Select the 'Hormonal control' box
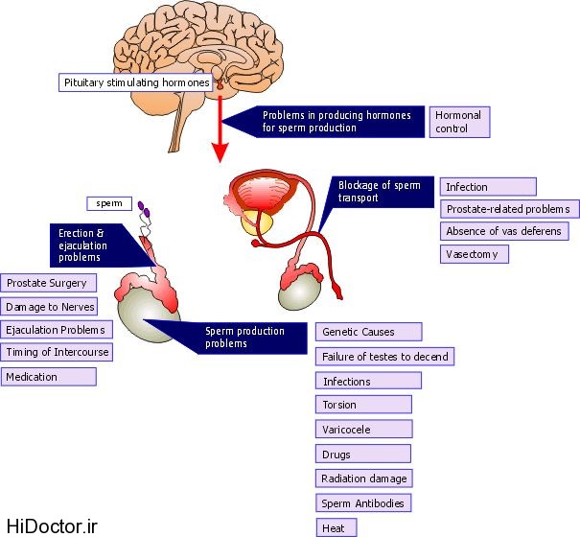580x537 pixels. [x=457, y=121]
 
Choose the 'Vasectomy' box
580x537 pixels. [x=475, y=254]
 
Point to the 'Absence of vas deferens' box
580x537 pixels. [x=504, y=231]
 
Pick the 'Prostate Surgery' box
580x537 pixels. [x=49, y=283]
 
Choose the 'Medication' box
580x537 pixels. [x=49, y=377]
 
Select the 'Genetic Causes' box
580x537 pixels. [x=368, y=332]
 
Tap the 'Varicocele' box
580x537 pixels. [x=363, y=429]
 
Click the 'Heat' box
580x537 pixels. [x=336, y=527]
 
